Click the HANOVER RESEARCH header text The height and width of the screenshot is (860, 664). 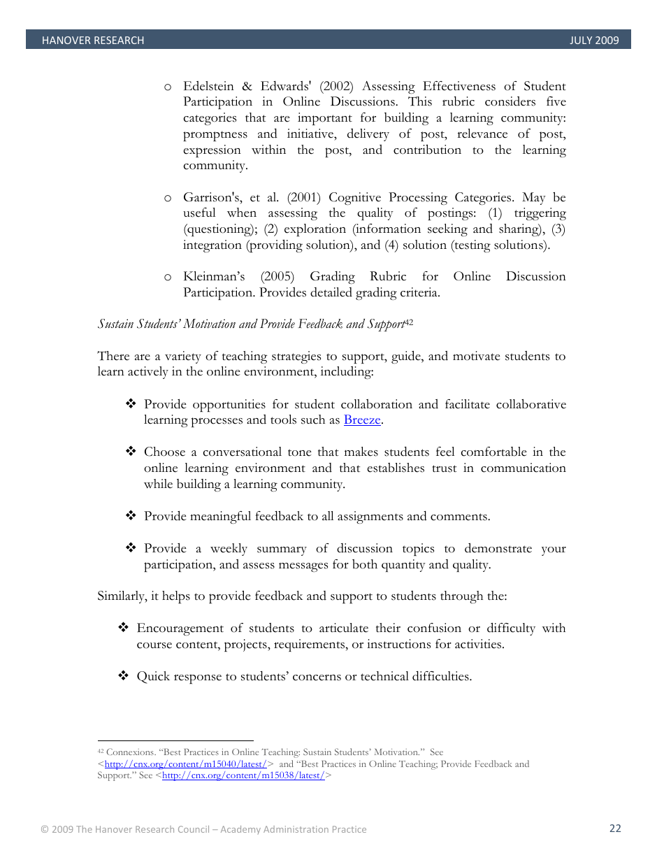point(92,41)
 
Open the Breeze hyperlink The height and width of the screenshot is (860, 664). point(361,420)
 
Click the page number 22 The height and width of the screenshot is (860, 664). point(615,829)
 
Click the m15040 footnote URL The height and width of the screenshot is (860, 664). point(185,764)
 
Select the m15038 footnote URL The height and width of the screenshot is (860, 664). point(243,775)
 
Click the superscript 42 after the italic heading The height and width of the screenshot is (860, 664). point(410,322)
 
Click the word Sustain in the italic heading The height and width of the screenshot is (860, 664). point(115,324)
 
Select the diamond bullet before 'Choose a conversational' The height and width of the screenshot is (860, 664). point(130,452)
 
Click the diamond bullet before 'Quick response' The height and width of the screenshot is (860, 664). point(123,676)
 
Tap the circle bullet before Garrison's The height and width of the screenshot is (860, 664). point(168,198)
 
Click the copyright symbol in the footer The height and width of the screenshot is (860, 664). point(44,829)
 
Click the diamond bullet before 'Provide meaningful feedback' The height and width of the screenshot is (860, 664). point(130,516)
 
